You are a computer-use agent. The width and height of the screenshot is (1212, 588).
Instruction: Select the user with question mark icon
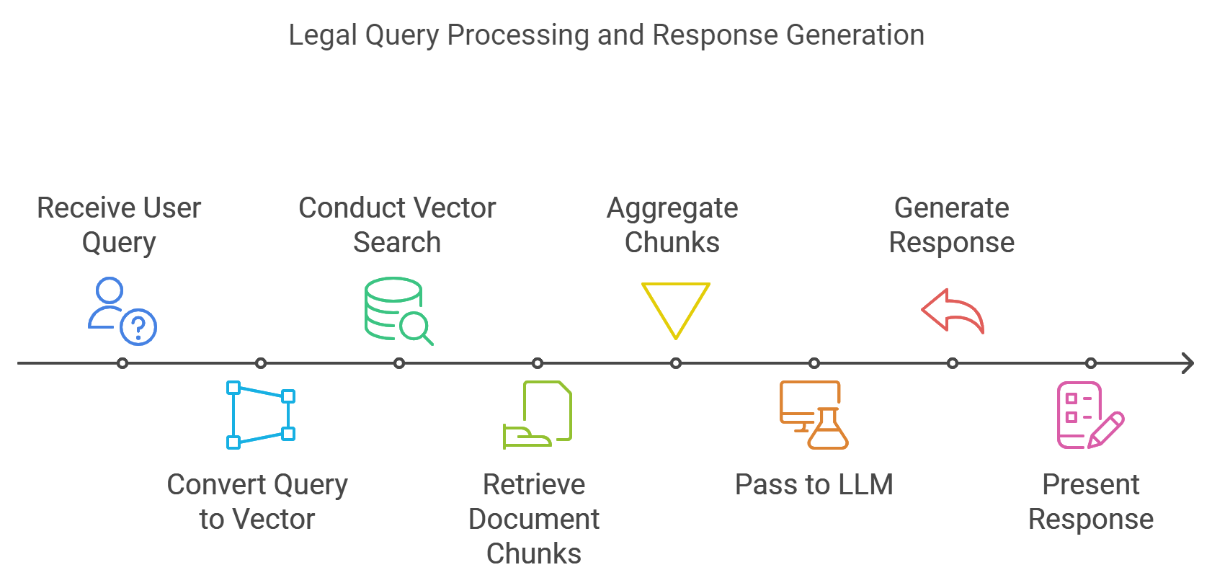(122, 311)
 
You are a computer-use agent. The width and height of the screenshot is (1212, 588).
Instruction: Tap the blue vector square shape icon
(260, 415)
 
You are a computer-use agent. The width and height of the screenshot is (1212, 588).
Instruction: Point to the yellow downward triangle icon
(675, 309)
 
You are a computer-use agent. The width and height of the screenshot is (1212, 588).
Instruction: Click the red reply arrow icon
(953, 311)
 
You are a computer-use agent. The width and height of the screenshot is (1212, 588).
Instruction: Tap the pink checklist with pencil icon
(1090, 415)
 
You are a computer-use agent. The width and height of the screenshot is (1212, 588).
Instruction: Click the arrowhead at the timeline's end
(1188, 363)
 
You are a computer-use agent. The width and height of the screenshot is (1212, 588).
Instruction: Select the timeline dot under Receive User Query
(122, 363)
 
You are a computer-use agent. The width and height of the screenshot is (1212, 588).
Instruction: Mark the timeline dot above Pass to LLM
(814, 363)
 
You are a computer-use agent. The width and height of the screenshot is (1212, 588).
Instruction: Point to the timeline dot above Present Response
(1091, 363)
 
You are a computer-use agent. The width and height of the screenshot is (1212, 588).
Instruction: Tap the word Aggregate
(672, 208)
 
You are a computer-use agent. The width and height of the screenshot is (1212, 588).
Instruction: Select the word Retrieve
(534, 485)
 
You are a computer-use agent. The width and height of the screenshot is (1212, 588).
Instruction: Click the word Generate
(951, 208)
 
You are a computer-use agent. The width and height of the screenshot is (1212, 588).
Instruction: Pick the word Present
(1090, 485)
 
